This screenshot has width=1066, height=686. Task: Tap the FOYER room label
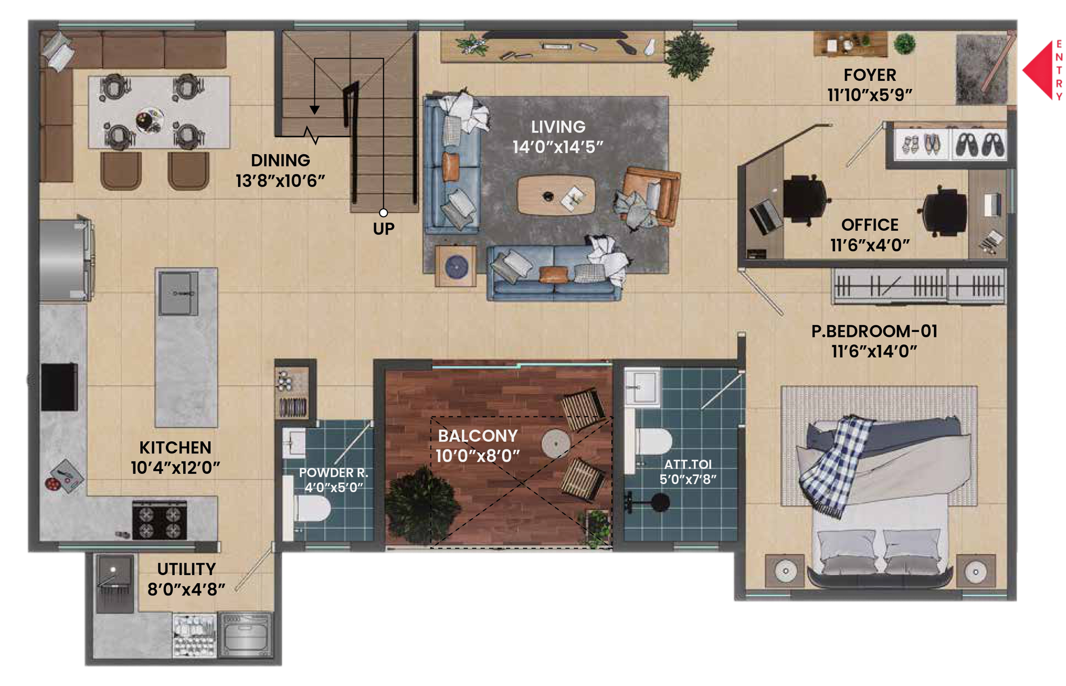click(869, 75)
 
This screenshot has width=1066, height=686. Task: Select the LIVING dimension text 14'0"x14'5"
click(558, 147)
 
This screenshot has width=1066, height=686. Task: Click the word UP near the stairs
click(383, 229)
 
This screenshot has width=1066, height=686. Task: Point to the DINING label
click(280, 161)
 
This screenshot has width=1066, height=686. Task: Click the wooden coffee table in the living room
click(556, 195)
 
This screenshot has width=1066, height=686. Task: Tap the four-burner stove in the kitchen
click(159, 520)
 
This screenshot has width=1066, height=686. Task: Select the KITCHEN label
click(175, 448)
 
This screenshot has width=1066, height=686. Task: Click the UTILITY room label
click(186, 570)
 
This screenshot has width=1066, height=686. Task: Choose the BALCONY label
click(477, 436)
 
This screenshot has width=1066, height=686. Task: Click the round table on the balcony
click(555, 444)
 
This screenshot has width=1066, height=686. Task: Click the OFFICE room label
click(869, 225)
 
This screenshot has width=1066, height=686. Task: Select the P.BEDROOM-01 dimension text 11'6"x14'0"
click(874, 351)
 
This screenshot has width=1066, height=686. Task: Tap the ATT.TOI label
click(687, 464)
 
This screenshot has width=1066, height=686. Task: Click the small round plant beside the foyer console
click(904, 44)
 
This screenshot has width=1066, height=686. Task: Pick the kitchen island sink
click(178, 293)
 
